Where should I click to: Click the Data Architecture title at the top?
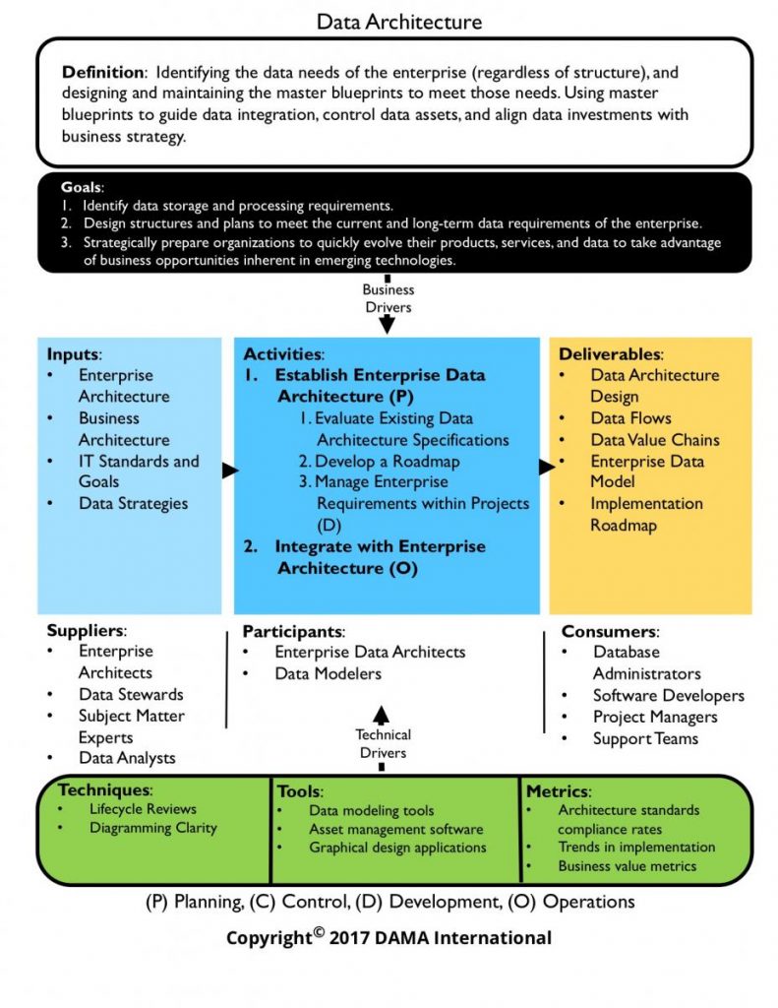(x=399, y=20)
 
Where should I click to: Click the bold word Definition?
(x=102, y=72)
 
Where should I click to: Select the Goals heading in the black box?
(x=81, y=187)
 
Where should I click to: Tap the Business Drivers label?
(x=388, y=297)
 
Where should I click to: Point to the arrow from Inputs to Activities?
(x=229, y=471)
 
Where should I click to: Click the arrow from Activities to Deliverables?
(x=546, y=467)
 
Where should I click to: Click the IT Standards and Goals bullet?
(x=138, y=471)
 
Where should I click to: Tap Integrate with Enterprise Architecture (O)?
(x=380, y=556)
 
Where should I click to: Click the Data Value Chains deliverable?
(x=654, y=439)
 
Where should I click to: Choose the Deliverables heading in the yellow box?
(x=610, y=353)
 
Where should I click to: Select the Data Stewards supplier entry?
(x=131, y=694)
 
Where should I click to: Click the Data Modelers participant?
(x=328, y=673)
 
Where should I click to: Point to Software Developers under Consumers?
(x=668, y=695)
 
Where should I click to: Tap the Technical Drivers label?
(x=384, y=743)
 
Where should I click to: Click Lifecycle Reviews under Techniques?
(x=143, y=809)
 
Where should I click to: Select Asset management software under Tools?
(x=395, y=829)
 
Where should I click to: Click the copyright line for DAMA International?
(x=389, y=937)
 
